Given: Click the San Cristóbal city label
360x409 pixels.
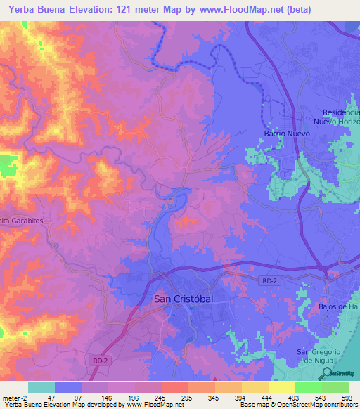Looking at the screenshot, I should point(183,299).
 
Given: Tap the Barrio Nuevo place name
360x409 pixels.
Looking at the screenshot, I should point(286,133).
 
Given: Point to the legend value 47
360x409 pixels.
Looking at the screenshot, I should point(50,397).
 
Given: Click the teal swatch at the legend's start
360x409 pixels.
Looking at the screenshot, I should point(41,387).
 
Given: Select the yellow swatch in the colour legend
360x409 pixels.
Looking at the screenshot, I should point(282,387).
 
